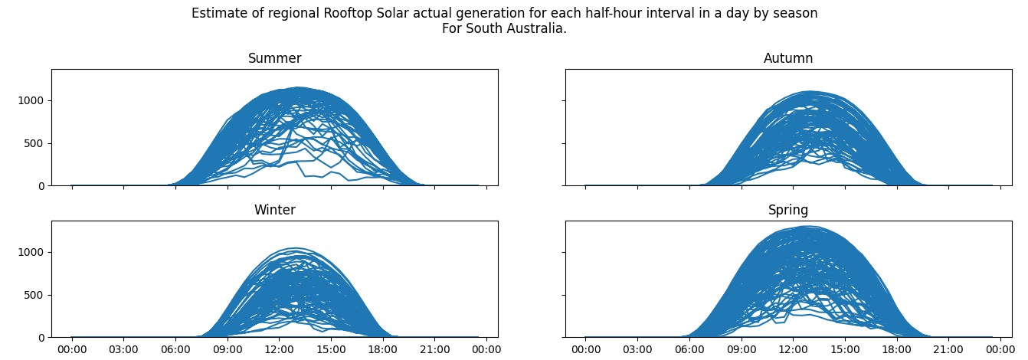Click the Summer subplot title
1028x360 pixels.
[274, 59]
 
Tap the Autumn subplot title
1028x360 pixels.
[788, 59]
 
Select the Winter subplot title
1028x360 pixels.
[274, 211]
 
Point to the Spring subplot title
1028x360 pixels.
[788, 211]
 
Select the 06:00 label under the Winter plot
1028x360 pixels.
[175, 350]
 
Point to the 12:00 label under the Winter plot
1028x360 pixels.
[279, 350]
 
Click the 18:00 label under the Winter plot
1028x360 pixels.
[382, 350]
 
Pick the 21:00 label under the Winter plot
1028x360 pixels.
[434, 350]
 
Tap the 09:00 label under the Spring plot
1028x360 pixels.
[741, 350]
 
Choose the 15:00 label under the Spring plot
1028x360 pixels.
[844, 350]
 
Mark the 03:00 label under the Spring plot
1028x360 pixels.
[637, 350]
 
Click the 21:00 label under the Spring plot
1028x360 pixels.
[948, 350]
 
